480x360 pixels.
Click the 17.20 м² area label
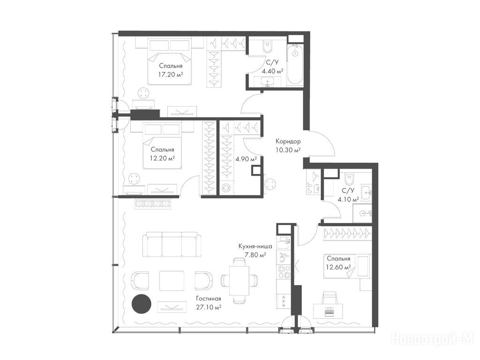point(171,74)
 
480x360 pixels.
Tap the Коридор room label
point(288,142)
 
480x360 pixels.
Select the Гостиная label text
point(209,299)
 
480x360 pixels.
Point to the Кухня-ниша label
point(255,246)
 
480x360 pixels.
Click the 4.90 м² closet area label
point(246,159)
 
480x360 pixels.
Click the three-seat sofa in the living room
point(172,244)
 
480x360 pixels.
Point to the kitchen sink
point(283,258)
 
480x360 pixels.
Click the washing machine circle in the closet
point(226,187)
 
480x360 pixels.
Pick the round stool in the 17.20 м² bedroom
point(143,93)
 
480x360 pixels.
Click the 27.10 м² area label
point(209,307)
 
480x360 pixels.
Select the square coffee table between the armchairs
point(172,280)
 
